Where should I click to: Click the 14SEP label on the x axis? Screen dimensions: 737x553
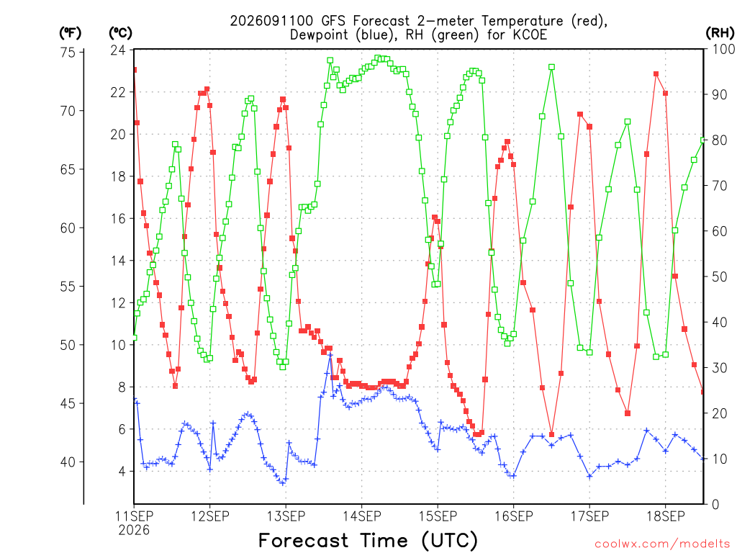pyautogui.click(x=362, y=516)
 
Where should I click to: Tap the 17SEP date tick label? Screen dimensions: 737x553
pyautogui.click(x=590, y=516)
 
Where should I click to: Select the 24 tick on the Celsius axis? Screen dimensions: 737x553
pyautogui.click(x=118, y=50)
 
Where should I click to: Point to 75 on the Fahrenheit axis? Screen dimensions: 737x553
pyautogui.click(x=68, y=52)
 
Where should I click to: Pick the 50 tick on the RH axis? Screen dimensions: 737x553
pyautogui.click(x=720, y=276)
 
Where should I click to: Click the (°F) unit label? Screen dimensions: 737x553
pyautogui.click(x=70, y=33)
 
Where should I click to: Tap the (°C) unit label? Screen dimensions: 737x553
pyautogui.click(x=120, y=33)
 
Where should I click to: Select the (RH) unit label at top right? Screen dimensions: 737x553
pyautogui.click(x=720, y=32)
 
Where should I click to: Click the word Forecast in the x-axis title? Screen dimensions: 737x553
pyautogui.click(x=304, y=540)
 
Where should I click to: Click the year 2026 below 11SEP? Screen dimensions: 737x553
pyautogui.click(x=134, y=531)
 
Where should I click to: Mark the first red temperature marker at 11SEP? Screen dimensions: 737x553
pyautogui.click(x=135, y=70)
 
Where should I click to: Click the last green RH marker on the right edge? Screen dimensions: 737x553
pyautogui.click(x=703, y=140)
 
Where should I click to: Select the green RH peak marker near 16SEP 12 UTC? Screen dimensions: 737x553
pyautogui.click(x=552, y=67)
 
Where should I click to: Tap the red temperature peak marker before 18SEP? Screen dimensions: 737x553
pyautogui.click(x=656, y=74)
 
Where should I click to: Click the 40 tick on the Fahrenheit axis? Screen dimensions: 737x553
pyautogui.click(x=68, y=462)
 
